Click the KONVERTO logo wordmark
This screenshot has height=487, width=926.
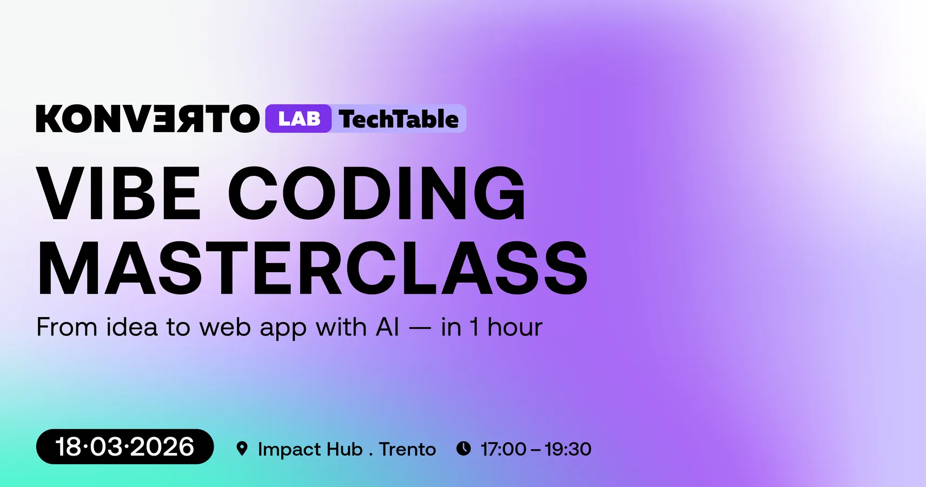[x=148, y=119]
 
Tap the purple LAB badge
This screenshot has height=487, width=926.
[x=299, y=119]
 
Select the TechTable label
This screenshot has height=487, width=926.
[x=399, y=119]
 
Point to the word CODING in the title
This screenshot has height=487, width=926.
[x=377, y=193]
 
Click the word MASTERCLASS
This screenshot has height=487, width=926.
[x=312, y=268]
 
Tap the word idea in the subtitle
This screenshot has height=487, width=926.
[x=132, y=327]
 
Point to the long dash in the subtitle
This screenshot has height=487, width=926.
[x=420, y=328]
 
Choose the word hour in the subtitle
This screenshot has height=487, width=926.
[x=515, y=327]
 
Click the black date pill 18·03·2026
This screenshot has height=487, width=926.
[x=125, y=446]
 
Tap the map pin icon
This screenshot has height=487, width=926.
[x=242, y=449]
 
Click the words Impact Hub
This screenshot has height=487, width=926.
[x=310, y=449]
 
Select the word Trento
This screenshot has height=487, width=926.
[x=407, y=449]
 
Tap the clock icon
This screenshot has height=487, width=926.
[x=464, y=449]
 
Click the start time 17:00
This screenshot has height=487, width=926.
[x=504, y=449]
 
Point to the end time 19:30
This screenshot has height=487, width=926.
[x=568, y=449]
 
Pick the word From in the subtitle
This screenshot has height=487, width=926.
[x=67, y=327]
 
